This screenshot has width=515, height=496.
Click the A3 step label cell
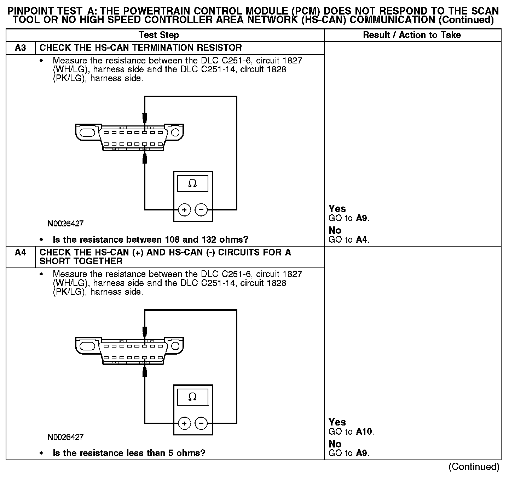tap(21, 48)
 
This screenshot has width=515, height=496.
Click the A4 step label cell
tap(21, 253)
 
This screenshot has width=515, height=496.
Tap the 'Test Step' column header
tap(159, 35)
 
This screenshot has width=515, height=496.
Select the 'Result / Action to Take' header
tap(412, 35)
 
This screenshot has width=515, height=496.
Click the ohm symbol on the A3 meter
tap(192, 184)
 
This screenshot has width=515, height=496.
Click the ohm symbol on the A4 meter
tap(192, 397)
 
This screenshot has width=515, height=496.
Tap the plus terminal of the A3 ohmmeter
tap(184, 210)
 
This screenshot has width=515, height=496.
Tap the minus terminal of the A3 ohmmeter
tap(201, 210)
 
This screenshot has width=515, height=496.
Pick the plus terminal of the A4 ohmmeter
tap(184, 423)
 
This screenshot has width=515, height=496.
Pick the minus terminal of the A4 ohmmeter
tap(201, 423)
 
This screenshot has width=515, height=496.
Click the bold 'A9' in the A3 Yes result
tap(361, 218)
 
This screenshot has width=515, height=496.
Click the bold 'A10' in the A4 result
tap(364, 432)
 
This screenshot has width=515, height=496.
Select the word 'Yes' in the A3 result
tap(337, 209)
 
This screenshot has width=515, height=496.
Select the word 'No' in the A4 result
tap(335, 444)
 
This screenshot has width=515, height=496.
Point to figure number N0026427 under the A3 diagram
tap(66, 224)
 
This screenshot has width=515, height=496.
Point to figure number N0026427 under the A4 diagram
tap(66, 437)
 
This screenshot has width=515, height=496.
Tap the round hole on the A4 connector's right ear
tap(175, 346)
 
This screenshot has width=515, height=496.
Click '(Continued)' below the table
tap(474, 467)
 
